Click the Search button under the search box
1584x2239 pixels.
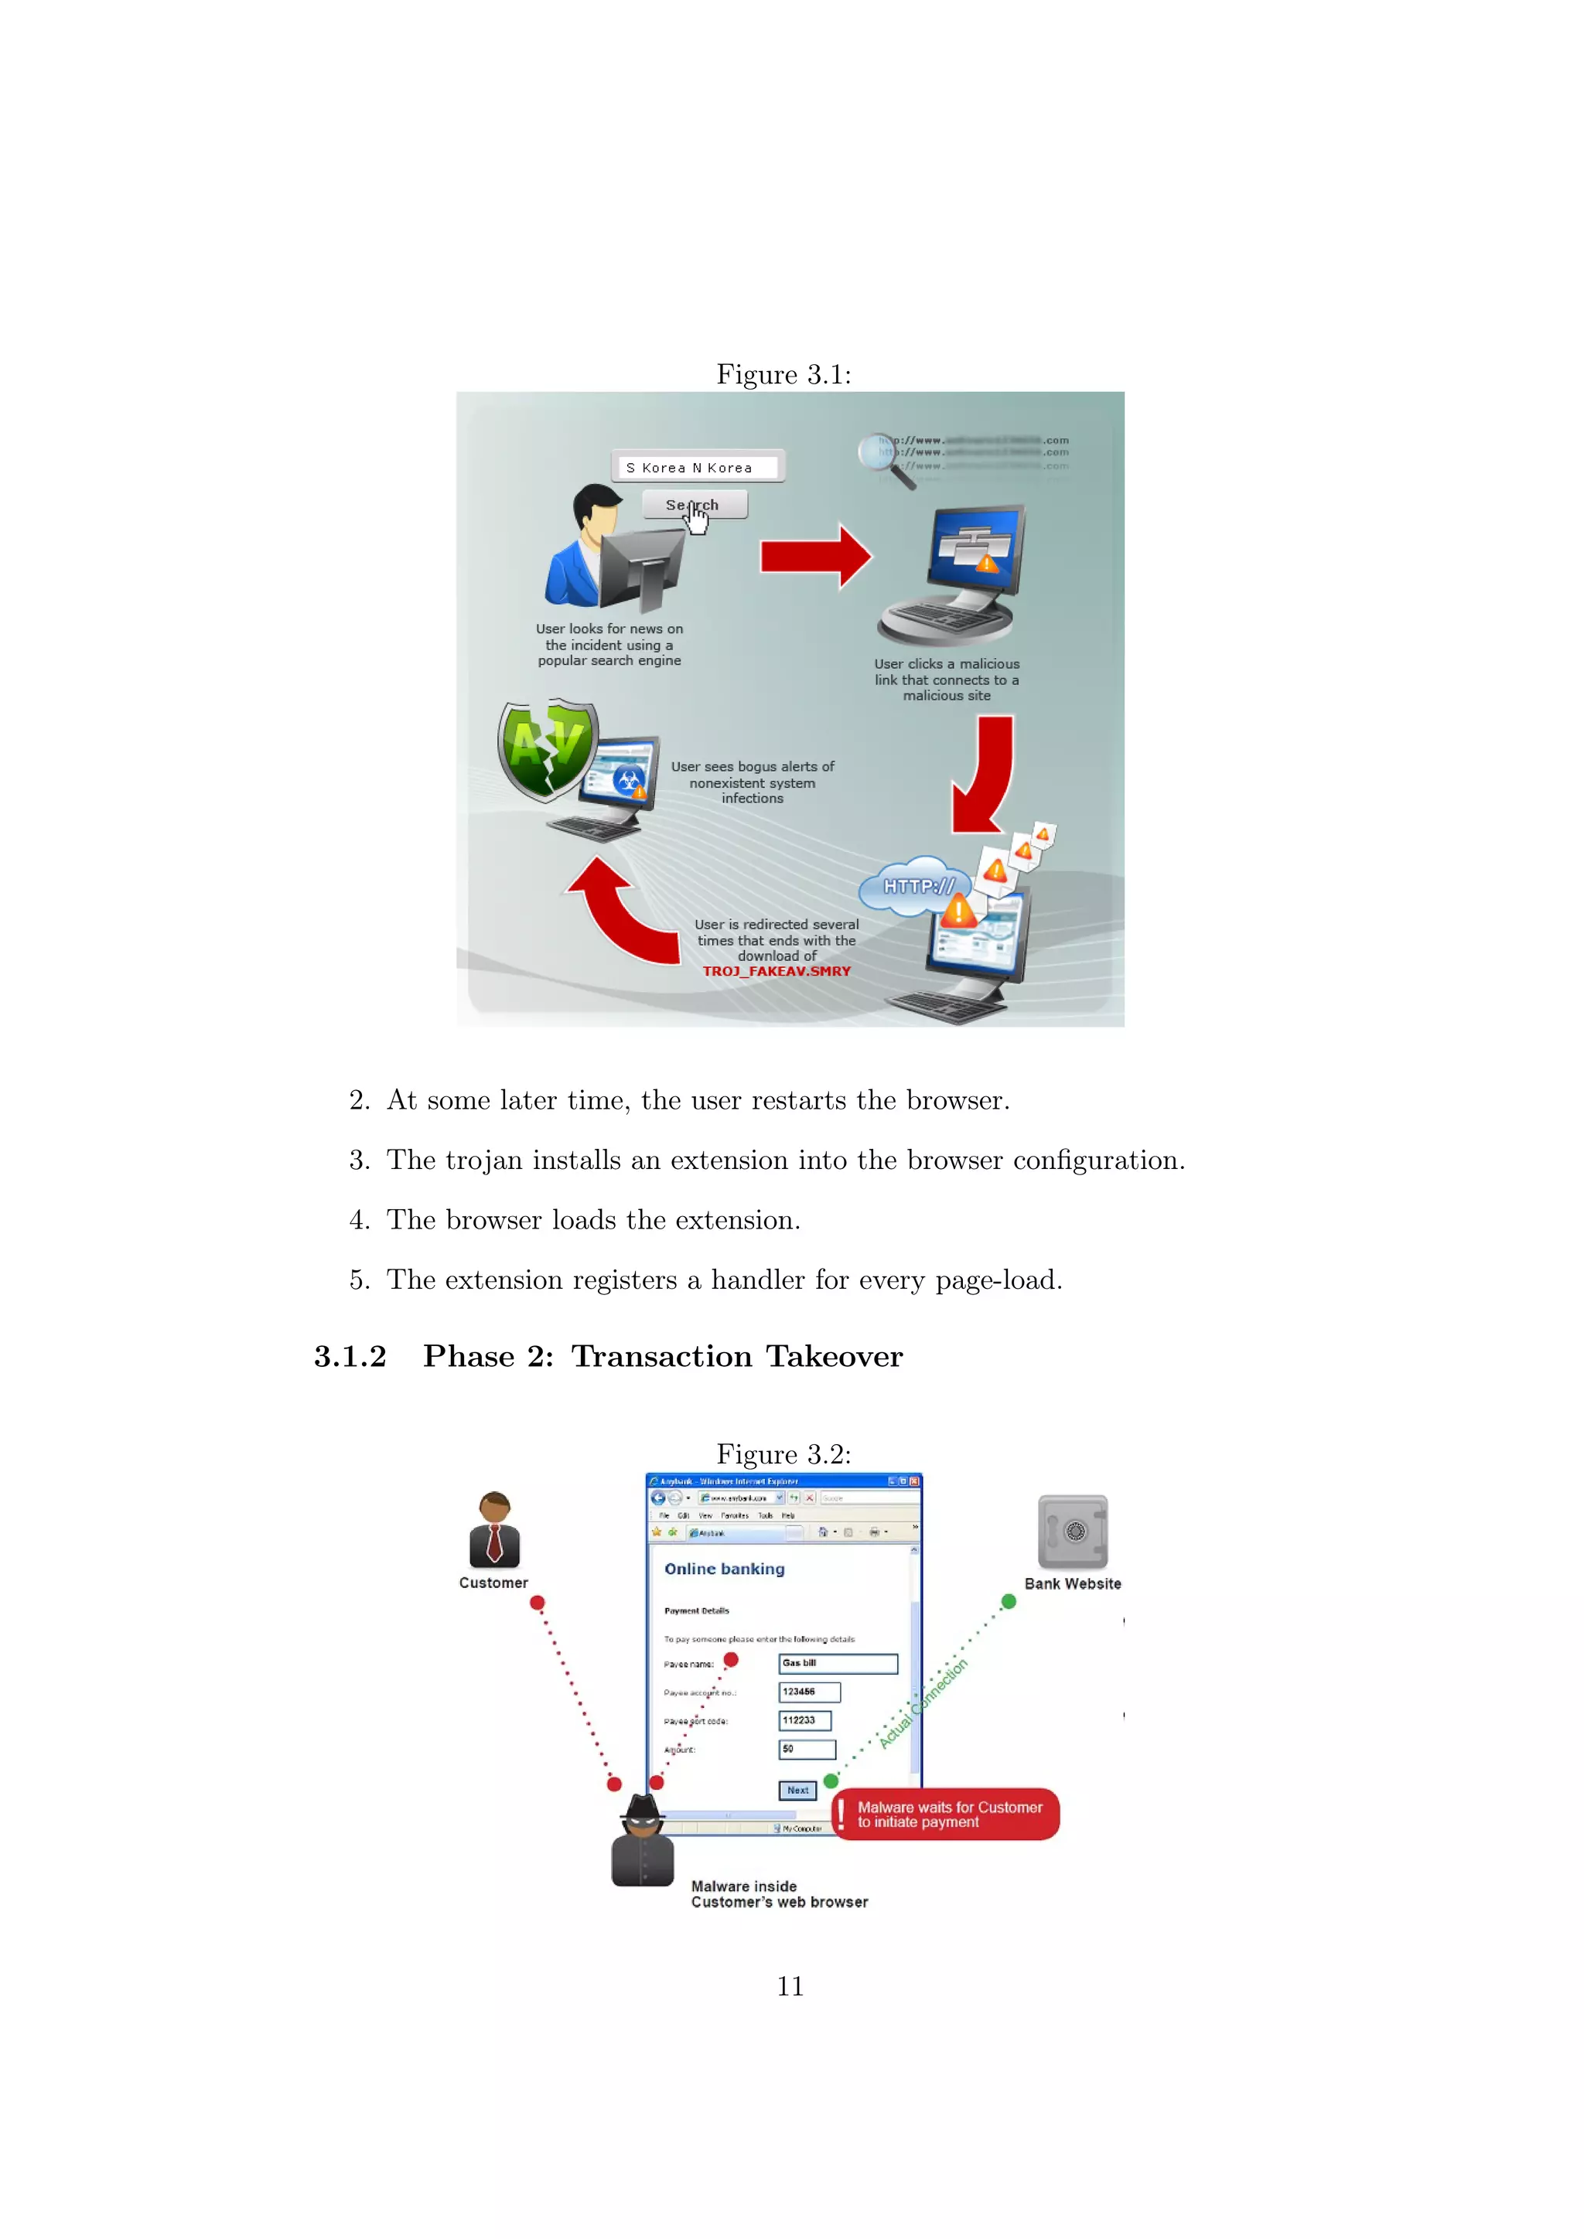point(695,504)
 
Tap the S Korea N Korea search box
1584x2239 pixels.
point(698,467)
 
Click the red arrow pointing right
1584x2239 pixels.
point(815,557)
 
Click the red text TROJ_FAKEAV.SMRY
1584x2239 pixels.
point(777,971)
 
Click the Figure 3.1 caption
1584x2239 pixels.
point(783,374)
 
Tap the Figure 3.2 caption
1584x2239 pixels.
point(783,1454)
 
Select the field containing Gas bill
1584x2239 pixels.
point(838,1664)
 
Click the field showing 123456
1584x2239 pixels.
point(808,1692)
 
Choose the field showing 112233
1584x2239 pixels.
point(804,1721)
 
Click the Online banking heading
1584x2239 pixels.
point(725,1569)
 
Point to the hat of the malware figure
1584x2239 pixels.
point(643,1807)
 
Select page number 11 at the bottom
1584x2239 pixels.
point(790,1986)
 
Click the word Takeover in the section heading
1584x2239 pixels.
point(834,1357)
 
